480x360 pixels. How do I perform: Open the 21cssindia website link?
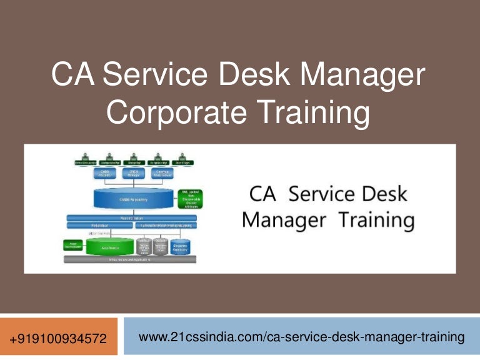(x=301, y=337)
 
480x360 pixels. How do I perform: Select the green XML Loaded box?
(x=191, y=199)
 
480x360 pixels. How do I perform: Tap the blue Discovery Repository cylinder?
(x=181, y=248)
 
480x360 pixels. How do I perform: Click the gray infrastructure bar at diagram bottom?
(x=130, y=258)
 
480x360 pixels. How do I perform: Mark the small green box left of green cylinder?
(x=72, y=245)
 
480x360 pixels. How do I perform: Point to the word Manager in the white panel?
(x=283, y=221)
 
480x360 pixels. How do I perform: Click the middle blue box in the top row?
(x=132, y=173)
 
